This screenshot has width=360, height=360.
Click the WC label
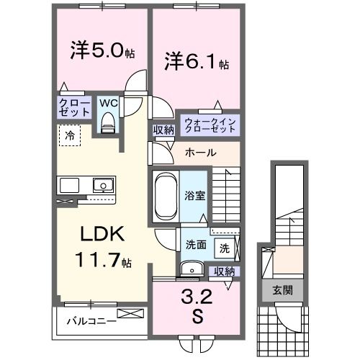point(109,103)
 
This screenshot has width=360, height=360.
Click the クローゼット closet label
point(75,109)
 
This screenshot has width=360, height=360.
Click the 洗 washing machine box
point(225,248)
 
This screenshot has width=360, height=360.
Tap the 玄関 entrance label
point(283,291)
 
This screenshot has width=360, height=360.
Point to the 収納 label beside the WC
point(163,130)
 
